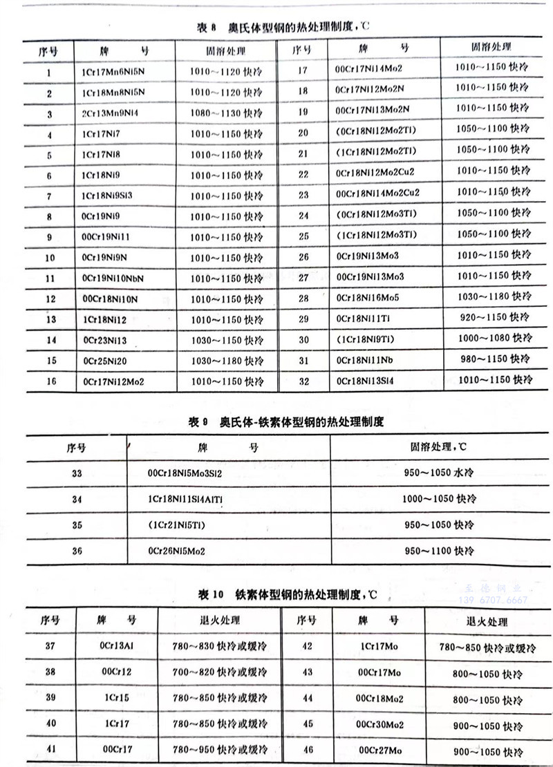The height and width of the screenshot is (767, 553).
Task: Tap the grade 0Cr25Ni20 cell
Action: pos(104,361)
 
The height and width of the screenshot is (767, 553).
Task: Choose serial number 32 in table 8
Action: pos(303,381)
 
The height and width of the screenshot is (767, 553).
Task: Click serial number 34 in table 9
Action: pos(76,499)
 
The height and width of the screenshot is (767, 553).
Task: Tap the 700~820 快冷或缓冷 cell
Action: pos(220,672)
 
